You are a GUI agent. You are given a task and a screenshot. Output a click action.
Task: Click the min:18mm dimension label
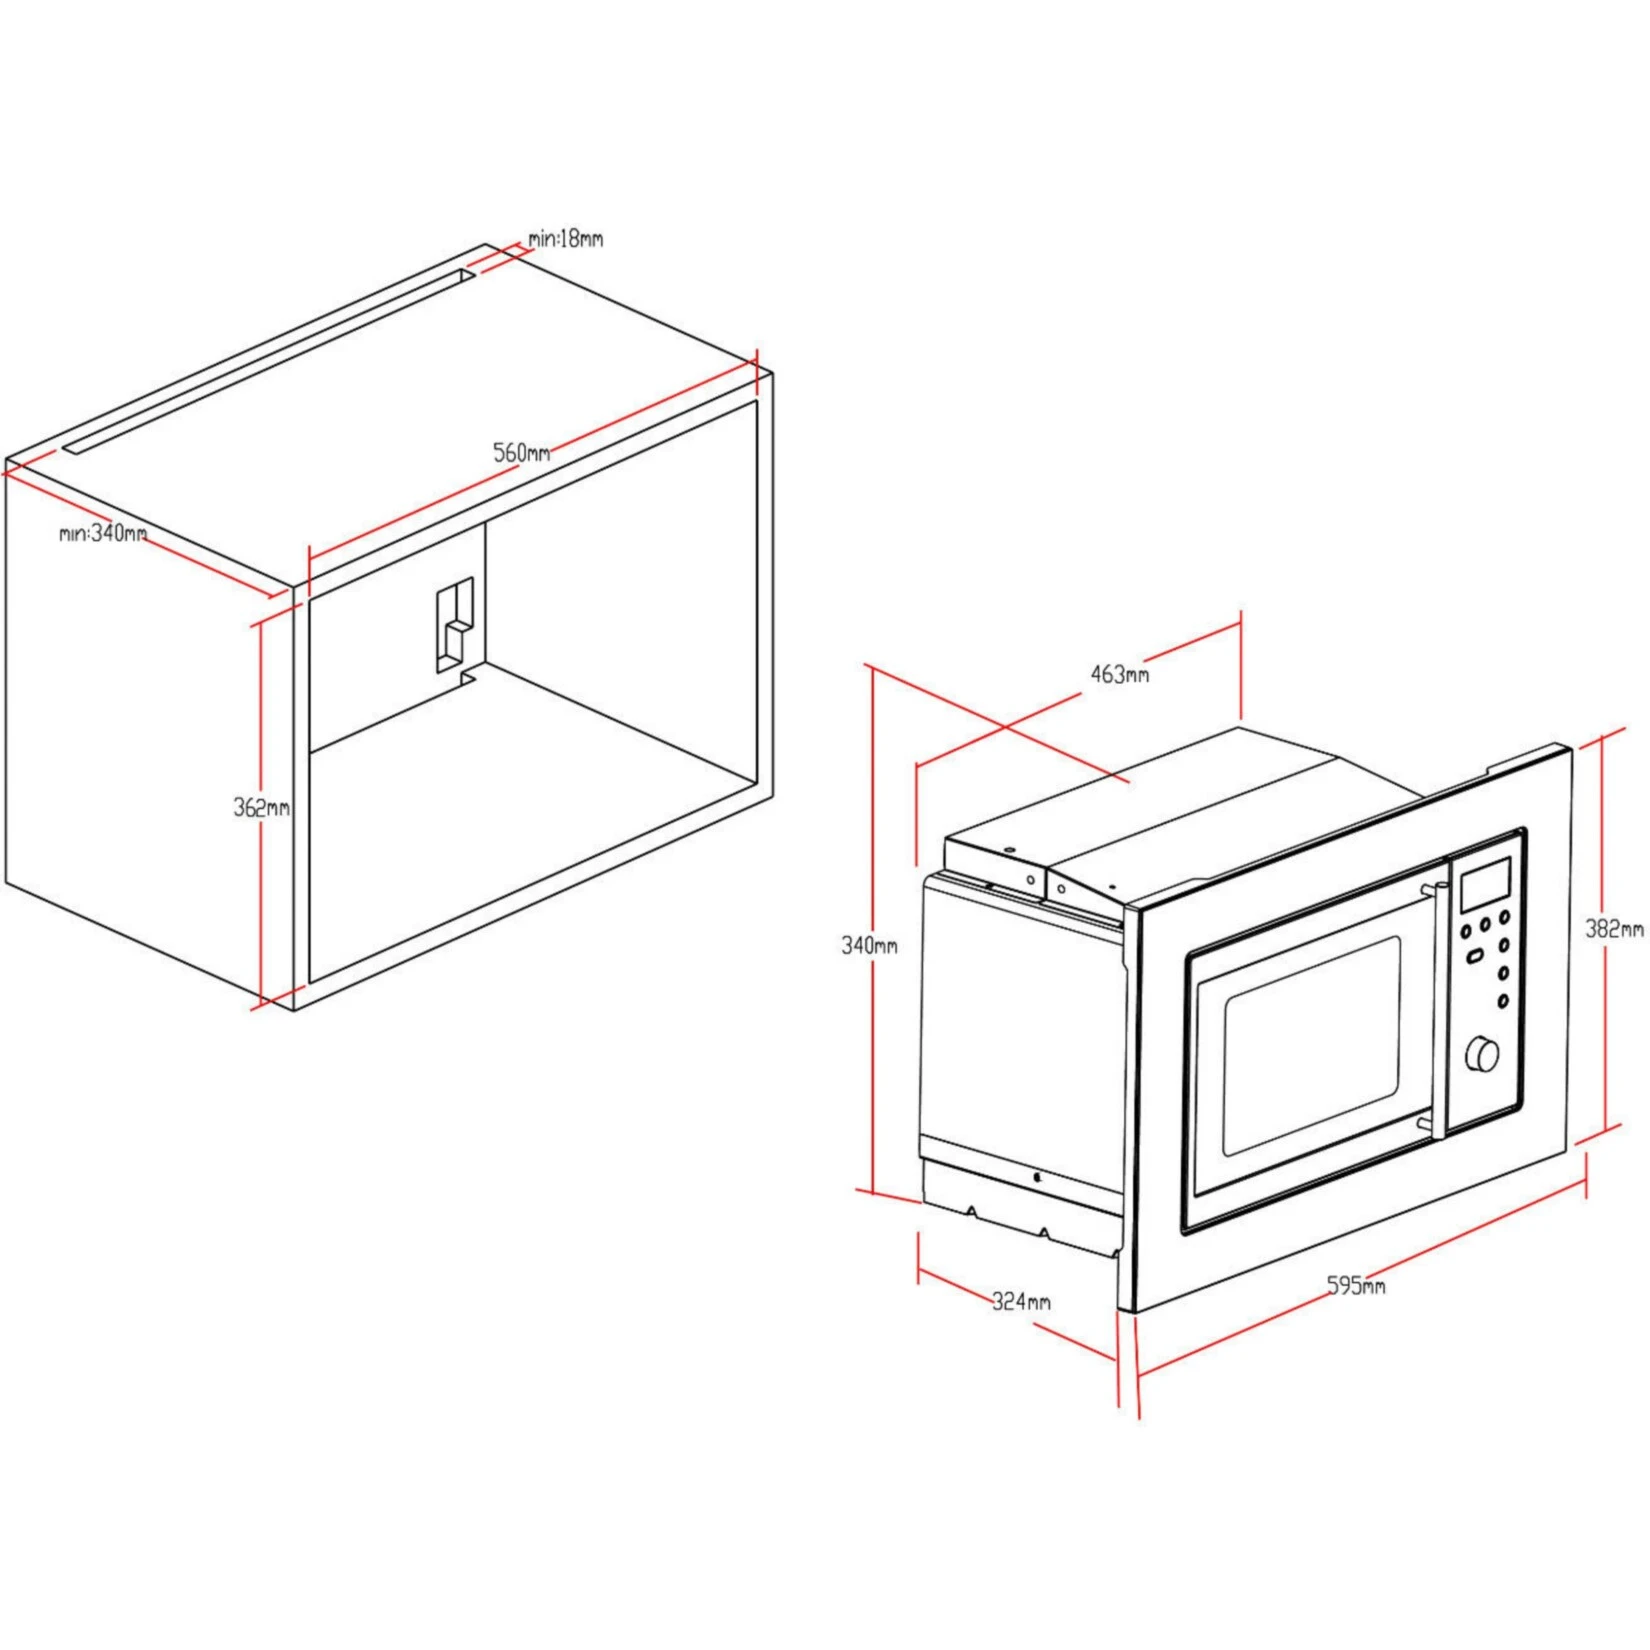click(566, 239)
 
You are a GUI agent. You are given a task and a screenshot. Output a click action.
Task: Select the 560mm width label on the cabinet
click(521, 452)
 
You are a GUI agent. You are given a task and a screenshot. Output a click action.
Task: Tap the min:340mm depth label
click(103, 533)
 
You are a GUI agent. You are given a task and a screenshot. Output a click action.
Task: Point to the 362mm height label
click(261, 807)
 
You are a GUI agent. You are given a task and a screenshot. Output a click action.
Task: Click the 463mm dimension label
click(1119, 674)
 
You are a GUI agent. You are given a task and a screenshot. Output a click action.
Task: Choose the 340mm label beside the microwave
click(869, 945)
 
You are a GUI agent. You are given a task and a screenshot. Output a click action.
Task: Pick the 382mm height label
click(1613, 929)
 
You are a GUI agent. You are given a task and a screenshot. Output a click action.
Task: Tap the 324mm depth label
click(1021, 1301)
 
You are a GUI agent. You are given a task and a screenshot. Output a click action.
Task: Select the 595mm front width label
click(1356, 1285)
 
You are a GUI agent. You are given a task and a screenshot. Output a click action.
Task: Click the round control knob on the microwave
click(1482, 1054)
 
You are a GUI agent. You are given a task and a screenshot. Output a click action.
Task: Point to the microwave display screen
click(1485, 886)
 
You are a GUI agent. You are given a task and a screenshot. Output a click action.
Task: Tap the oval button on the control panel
click(1475, 956)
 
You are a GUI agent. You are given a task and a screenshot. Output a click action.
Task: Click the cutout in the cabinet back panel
click(454, 626)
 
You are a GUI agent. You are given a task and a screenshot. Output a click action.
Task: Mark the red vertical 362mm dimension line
click(261, 900)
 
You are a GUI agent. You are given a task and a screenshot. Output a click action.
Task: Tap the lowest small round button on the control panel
click(1502, 1001)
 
